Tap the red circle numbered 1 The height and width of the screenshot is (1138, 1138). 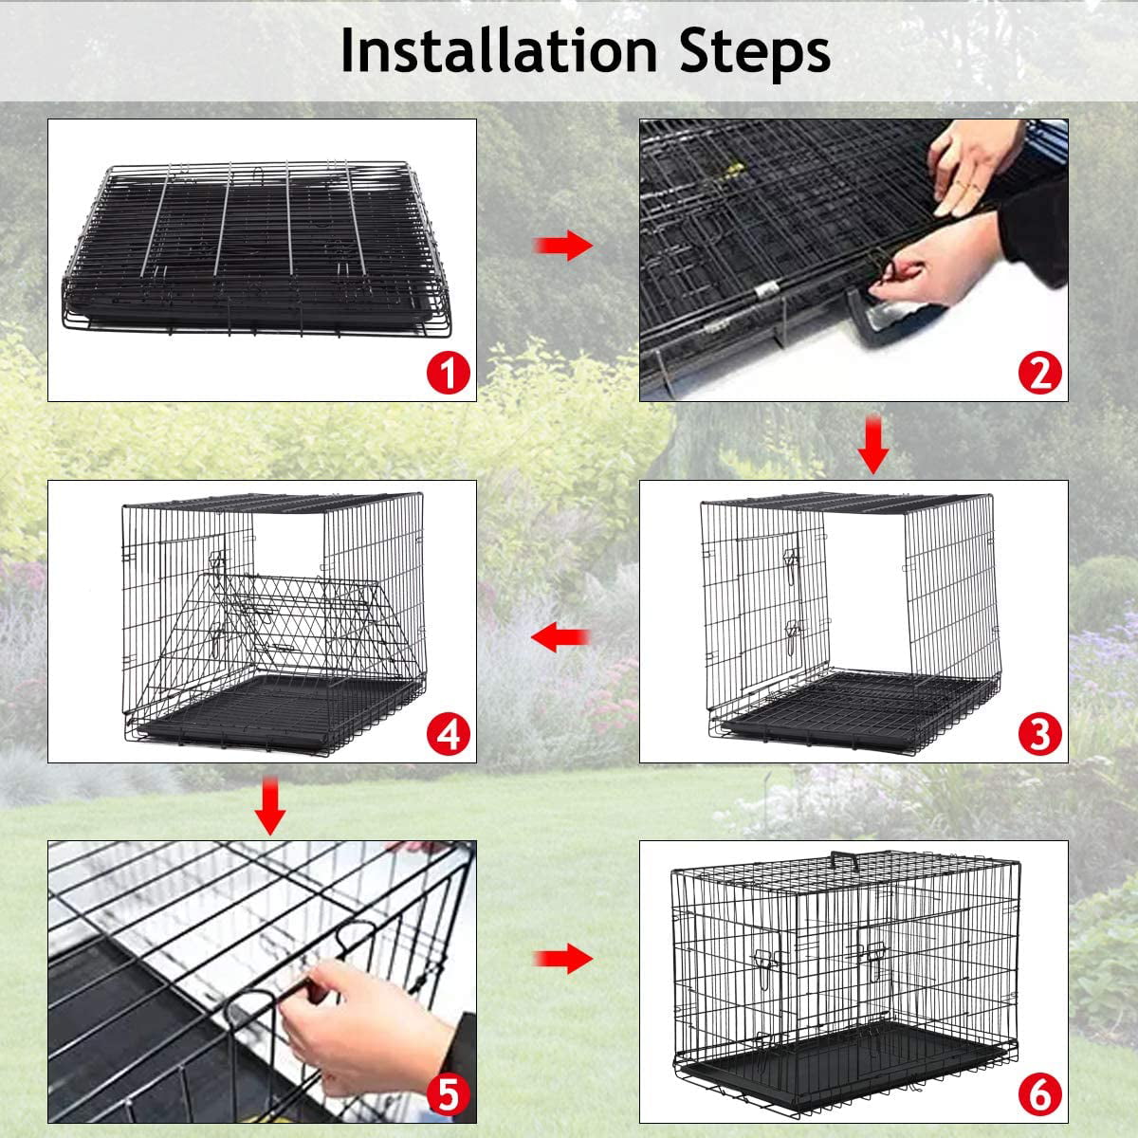pyautogui.click(x=448, y=372)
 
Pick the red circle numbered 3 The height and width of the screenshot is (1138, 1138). pyautogui.click(x=1039, y=734)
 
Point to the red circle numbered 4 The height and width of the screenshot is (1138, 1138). pyautogui.click(x=448, y=734)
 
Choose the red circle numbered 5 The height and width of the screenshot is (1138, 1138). pyautogui.click(x=448, y=1094)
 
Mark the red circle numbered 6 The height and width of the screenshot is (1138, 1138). pyautogui.click(x=1039, y=1096)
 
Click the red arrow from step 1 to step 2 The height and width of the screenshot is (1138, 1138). pyautogui.click(x=562, y=247)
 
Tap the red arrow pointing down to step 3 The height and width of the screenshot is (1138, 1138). pyautogui.click(x=872, y=450)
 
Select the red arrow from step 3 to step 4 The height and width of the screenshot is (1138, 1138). pyautogui.click(x=560, y=638)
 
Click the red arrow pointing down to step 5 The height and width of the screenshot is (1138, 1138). pyautogui.click(x=271, y=808)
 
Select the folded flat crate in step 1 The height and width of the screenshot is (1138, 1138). pyautogui.click(x=256, y=247)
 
